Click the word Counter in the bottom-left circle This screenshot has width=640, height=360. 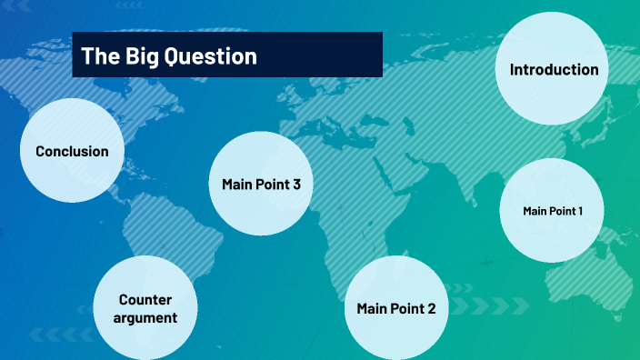145,299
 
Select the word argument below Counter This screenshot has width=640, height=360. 146,317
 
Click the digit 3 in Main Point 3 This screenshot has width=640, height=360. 296,185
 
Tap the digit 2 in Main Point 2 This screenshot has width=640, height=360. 431,308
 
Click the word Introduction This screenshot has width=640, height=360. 554,70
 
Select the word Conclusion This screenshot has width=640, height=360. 72,152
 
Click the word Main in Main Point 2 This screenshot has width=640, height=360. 374,308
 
